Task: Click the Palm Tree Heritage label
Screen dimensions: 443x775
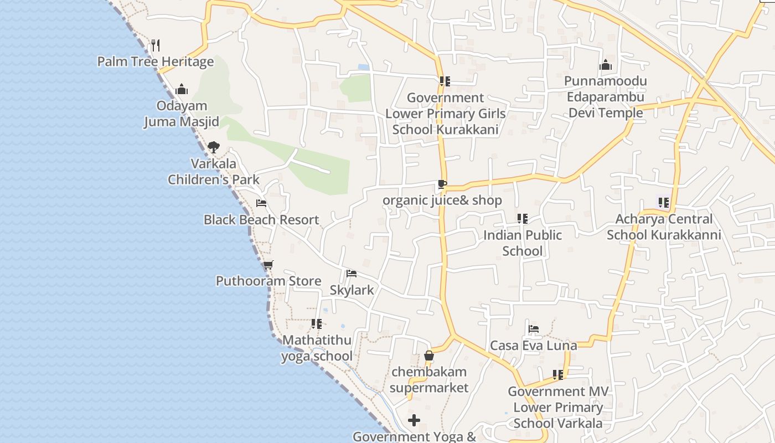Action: (156, 61)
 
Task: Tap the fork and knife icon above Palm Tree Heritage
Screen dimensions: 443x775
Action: (156, 45)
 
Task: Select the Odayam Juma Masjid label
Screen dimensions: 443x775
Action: (182, 114)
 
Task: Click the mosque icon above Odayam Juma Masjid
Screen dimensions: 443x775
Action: (182, 89)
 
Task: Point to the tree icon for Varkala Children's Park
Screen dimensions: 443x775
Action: (214, 147)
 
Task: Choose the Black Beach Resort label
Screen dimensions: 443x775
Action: (261, 220)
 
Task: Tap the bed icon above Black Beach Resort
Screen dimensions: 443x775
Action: (261, 203)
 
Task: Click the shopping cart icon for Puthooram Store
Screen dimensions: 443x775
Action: (268, 265)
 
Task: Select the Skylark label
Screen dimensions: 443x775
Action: (352, 290)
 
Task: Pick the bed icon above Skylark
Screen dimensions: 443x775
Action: (352, 274)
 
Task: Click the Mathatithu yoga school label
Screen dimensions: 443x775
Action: (317, 348)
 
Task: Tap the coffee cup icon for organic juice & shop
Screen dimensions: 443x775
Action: (442, 184)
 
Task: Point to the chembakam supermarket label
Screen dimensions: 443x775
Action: (429, 379)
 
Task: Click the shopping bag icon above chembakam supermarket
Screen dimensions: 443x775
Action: (429, 356)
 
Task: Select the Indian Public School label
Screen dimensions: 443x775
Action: (523, 243)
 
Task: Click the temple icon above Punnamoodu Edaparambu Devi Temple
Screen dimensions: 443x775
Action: (606, 65)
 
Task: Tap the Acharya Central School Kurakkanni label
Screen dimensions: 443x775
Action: (664, 227)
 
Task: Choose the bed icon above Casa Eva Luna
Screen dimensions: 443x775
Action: (534, 329)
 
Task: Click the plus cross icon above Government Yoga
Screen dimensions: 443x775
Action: (414, 420)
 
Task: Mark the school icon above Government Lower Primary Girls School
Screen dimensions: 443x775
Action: (445, 81)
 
